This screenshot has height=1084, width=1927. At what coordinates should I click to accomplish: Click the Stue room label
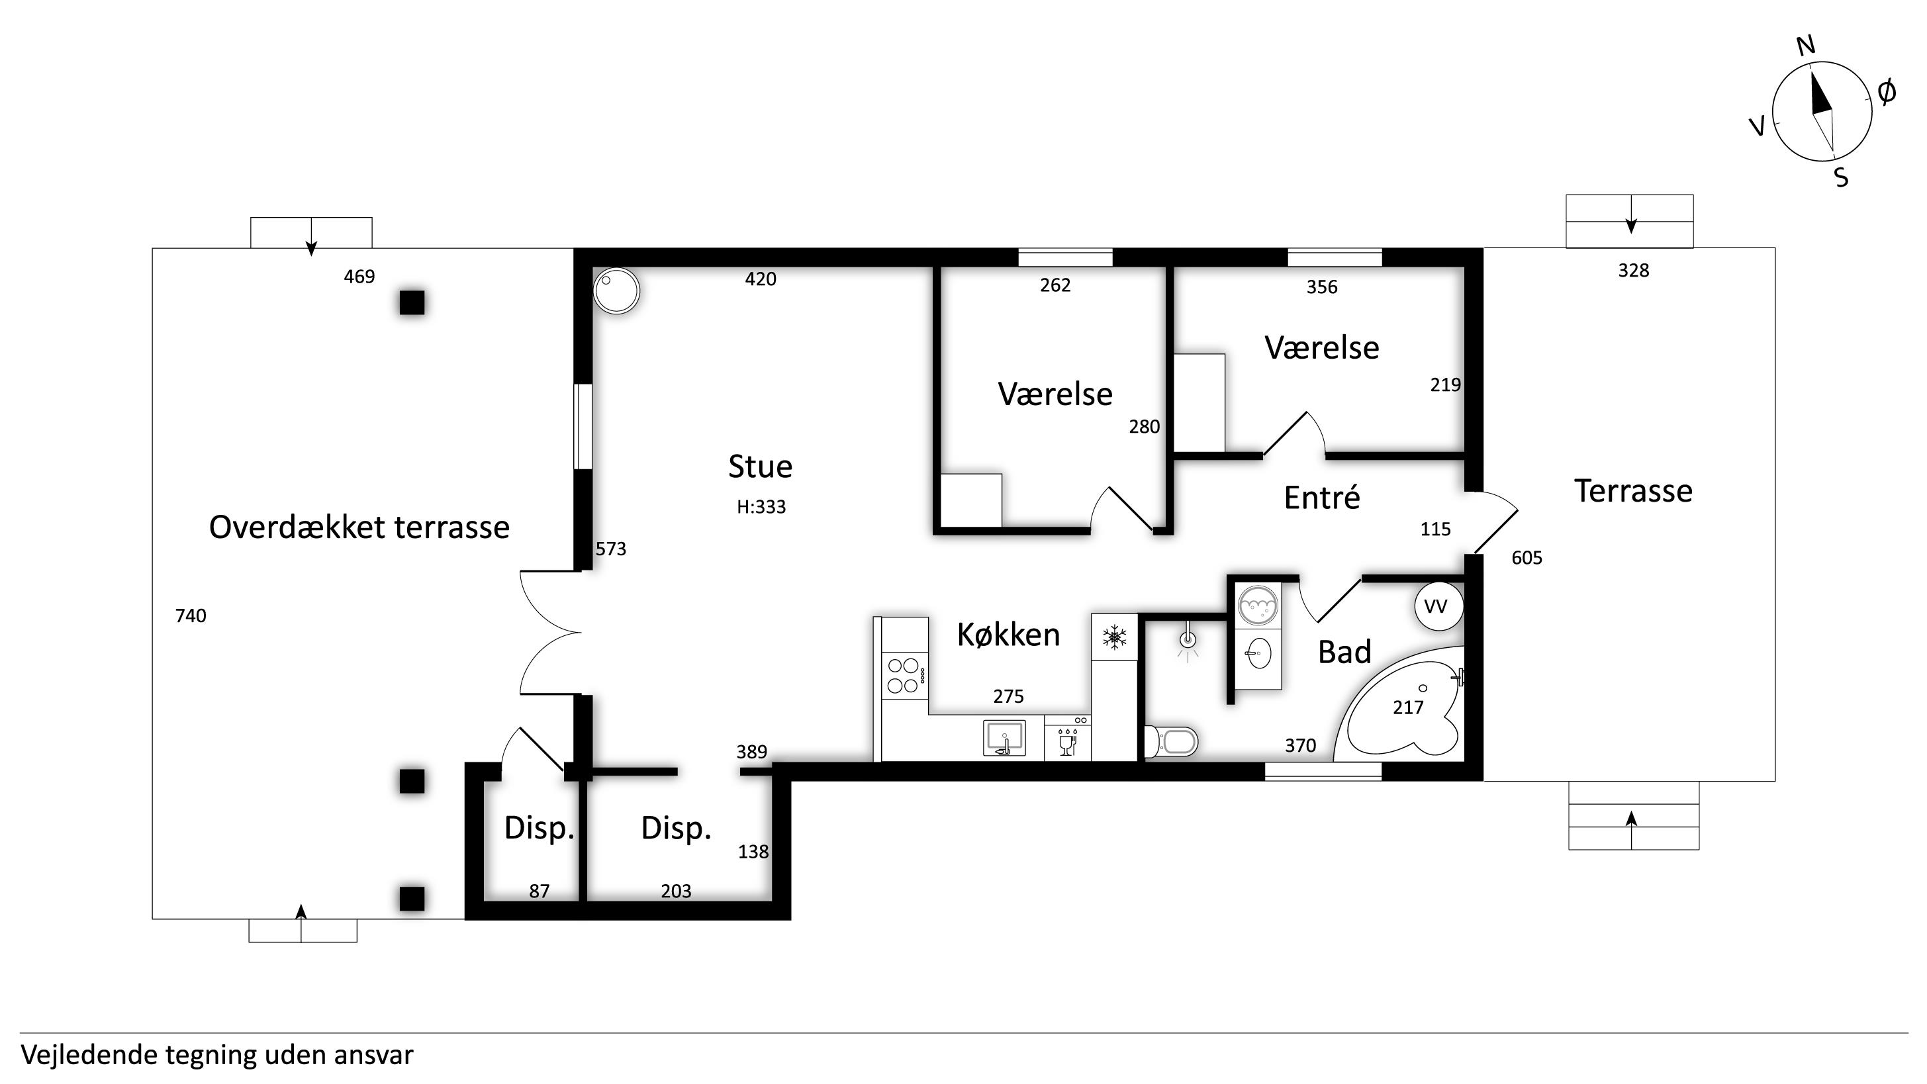760,466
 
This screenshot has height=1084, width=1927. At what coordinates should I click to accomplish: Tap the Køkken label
1008,635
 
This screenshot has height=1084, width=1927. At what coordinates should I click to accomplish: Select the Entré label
1322,498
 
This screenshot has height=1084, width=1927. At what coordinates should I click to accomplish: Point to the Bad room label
1344,652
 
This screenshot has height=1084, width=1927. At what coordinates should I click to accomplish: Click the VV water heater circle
1438,606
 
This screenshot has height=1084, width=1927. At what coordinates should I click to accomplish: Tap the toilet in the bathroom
1172,741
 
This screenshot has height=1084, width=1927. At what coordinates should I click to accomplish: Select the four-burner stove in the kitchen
905,676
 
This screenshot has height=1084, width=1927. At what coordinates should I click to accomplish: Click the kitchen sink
1004,739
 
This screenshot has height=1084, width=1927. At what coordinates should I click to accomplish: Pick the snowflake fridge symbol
1115,637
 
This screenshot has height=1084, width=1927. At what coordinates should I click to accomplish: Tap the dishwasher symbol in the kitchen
1068,739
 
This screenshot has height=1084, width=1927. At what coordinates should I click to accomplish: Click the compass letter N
1807,46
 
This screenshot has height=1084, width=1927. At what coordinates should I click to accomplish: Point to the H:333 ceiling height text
761,507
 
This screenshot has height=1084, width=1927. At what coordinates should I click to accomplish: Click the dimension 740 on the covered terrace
191,615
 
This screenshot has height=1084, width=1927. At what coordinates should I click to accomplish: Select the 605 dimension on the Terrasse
1527,558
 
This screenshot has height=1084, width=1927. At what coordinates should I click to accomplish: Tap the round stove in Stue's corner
616,291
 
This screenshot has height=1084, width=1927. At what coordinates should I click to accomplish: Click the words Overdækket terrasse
359,527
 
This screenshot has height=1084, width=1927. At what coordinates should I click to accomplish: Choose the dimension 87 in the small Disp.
540,891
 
